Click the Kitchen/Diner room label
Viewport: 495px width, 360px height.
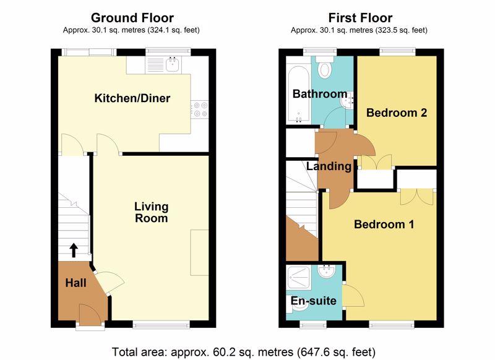[132, 98]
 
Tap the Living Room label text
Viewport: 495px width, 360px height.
[151, 212]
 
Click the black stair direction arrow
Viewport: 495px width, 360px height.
[74, 250]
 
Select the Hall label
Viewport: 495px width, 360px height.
[75, 283]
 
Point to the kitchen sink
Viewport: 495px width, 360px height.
[173, 64]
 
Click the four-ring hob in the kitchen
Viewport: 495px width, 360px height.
[200, 109]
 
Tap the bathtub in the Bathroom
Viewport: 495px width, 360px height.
[298, 95]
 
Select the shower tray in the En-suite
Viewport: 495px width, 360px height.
[298, 278]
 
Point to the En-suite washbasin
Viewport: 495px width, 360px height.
[327, 271]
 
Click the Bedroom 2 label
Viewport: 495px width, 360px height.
[397, 113]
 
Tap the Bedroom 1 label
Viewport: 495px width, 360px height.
[384, 225]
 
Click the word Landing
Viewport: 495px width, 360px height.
[329, 166]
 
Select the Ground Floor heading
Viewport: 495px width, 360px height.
[132, 18]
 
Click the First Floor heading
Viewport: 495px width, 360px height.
[360, 18]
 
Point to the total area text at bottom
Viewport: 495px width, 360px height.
[244, 352]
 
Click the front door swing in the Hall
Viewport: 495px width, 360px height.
[90, 314]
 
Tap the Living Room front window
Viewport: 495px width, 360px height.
[161, 324]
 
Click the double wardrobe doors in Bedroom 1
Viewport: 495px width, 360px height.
[417, 197]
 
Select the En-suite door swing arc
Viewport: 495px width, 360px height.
[353, 296]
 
